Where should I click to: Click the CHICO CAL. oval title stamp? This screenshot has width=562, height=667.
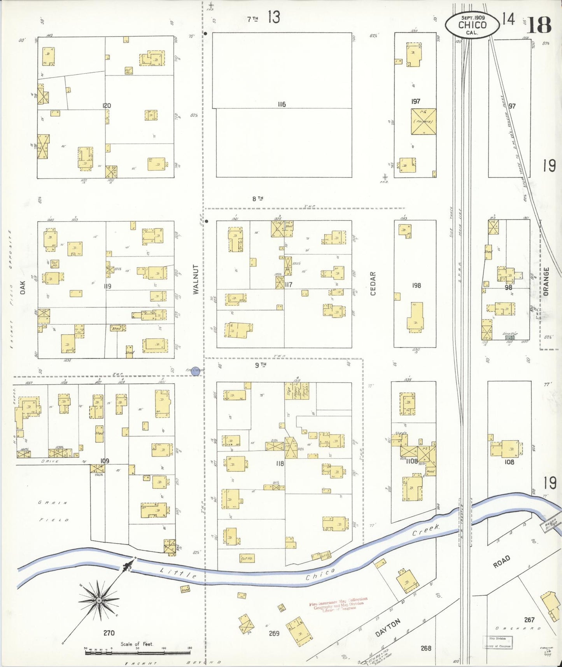(472, 25)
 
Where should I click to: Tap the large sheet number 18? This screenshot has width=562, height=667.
(539, 25)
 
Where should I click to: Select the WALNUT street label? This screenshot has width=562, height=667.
(196, 279)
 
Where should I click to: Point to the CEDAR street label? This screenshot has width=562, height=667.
(373, 283)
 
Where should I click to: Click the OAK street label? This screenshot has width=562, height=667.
(23, 288)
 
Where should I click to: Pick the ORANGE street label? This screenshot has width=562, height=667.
(546, 281)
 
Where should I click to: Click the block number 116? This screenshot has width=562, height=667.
(282, 104)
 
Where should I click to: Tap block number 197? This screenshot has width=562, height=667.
(415, 101)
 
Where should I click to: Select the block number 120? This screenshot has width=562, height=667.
(107, 105)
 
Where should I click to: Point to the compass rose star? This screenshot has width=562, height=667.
(99, 600)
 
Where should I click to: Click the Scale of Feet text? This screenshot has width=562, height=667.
(137, 644)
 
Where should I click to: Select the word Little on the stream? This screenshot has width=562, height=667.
(179, 573)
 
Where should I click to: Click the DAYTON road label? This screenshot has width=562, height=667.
(388, 628)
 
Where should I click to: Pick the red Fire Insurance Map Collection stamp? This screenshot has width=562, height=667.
(338, 604)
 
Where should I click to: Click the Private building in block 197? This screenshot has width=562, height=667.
(423, 121)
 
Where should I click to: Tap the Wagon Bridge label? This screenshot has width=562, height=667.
(551, 526)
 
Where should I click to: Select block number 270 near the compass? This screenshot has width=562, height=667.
(109, 633)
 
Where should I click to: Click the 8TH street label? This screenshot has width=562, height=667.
(257, 198)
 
